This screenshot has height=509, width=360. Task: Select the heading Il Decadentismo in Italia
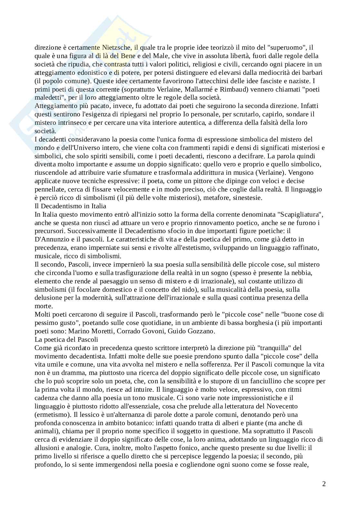(x=70, y=206)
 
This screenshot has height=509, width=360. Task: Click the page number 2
(x=324, y=484)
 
